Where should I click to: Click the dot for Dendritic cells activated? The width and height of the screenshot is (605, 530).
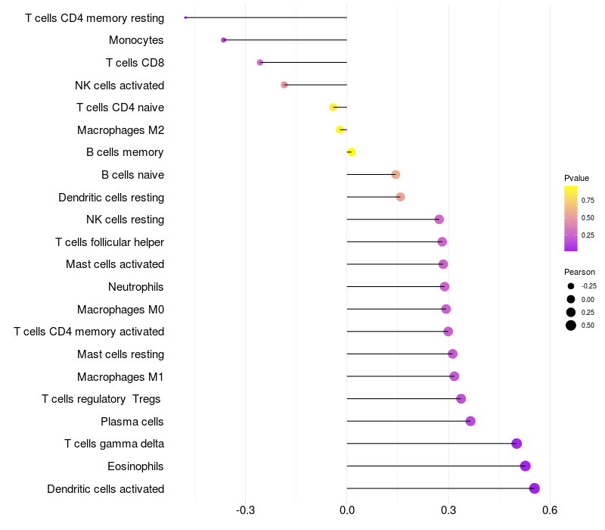click(x=534, y=488)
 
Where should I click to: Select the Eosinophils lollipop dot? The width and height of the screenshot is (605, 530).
click(x=525, y=466)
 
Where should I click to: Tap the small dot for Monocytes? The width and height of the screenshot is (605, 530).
click(x=223, y=40)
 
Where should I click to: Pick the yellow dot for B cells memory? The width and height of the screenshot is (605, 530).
click(x=351, y=152)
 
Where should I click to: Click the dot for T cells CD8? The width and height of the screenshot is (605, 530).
click(x=260, y=62)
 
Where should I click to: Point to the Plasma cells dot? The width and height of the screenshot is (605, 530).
click(x=470, y=421)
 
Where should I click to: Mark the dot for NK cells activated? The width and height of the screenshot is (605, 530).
click(x=284, y=85)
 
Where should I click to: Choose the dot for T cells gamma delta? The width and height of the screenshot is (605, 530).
click(x=517, y=444)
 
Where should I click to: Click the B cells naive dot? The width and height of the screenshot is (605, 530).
click(x=396, y=175)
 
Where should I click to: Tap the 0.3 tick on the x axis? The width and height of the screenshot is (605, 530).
click(x=448, y=510)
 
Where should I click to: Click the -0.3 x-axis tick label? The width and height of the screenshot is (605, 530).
click(x=245, y=510)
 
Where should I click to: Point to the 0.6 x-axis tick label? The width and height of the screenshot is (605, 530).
click(x=550, y=510)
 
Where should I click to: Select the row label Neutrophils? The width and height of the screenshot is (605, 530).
click(x=136, y=287)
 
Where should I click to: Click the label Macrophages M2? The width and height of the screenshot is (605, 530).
click(x=121, y=130)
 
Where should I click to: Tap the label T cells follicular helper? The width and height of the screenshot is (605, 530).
click(x=110, y=242)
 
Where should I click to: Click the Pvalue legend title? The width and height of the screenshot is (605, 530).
click(x=576, y=178)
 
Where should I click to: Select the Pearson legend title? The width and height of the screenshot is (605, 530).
click(x=579, y=272)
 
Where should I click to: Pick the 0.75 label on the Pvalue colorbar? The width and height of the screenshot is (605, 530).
click(x=588, y=200)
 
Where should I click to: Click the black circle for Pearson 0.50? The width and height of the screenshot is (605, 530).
click(x=571, y=326)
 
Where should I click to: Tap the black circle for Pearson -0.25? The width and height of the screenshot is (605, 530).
click(x=571, y=286)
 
